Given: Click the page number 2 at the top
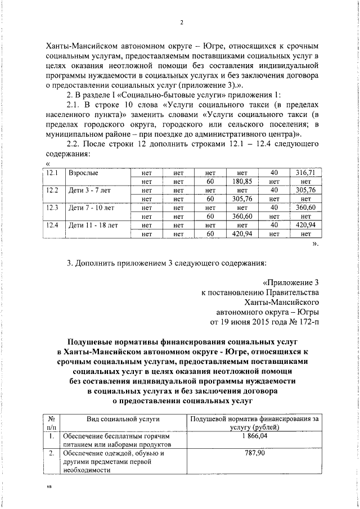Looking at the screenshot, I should pyautogui.click(x=182, y=22).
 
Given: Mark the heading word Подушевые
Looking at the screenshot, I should pyautogui.click(x=92, y=342).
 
